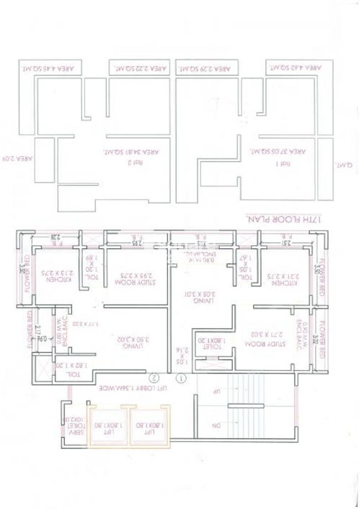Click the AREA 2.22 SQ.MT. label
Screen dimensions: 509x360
(x=138, y=69)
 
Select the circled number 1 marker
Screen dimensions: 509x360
(x=181, y=378)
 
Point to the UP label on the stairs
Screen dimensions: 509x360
(x=217, y=392)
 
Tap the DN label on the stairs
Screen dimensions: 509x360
(x=216, y=425)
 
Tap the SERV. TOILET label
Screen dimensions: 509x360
(x=73, y=420)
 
